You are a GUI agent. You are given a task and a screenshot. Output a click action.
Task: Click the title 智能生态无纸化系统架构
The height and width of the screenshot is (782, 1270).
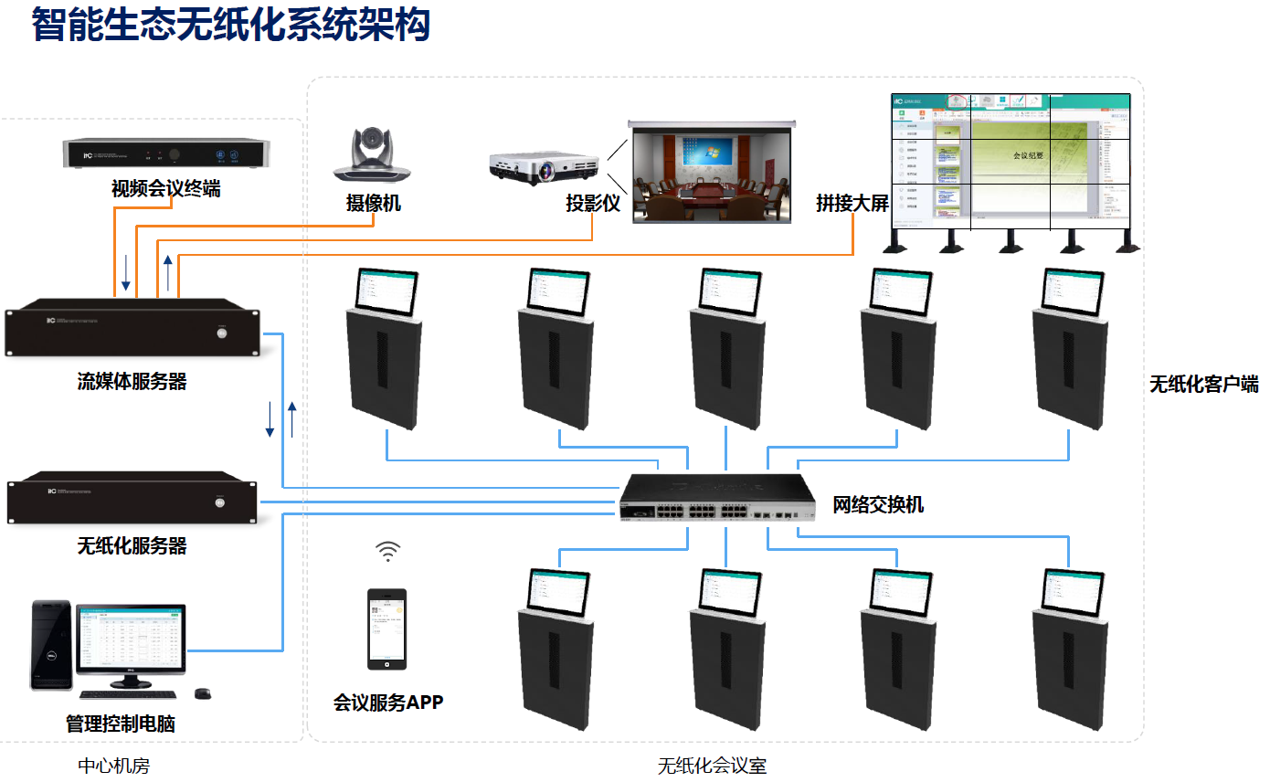[231, 25]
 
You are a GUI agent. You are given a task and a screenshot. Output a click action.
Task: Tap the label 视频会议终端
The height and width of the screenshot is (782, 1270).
[165, 189]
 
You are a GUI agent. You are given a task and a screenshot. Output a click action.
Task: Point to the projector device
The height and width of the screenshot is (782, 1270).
[545, 164]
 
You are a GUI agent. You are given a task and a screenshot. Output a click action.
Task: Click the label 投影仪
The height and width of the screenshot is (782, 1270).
[593, 204]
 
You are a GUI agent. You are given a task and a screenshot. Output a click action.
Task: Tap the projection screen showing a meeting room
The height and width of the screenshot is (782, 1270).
[711, 171]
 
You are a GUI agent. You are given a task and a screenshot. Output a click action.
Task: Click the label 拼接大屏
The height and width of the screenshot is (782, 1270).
[852, 203]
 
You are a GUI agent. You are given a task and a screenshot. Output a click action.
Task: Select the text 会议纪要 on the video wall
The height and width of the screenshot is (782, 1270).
[1028, 156]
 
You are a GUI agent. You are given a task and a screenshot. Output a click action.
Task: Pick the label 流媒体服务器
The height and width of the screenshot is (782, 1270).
[132, 382]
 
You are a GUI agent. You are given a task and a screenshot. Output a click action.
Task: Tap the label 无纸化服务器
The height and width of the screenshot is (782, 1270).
[132, 546]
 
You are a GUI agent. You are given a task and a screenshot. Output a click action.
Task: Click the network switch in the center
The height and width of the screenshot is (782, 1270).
[718, 498]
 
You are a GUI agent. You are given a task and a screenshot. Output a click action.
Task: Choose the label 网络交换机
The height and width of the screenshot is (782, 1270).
[878, 504]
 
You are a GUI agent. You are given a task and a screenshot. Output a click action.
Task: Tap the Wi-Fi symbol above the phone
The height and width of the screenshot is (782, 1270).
[388, 551]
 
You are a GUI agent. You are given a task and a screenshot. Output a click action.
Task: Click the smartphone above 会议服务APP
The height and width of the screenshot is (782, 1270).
[386, 629]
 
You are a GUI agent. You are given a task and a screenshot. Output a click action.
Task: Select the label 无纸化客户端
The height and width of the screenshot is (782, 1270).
[1203, 385]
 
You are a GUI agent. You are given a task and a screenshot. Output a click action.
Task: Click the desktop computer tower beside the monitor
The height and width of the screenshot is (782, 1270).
[51, 645]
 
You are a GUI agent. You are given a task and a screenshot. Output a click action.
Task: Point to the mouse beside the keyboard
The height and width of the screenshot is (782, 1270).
[204, 693]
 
